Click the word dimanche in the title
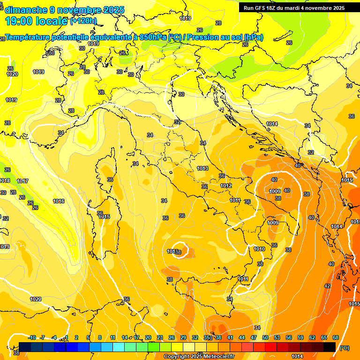click(26, 10)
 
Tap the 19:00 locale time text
click(36, 21)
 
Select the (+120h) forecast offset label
click(83, 21)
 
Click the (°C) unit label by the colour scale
click(344, 347)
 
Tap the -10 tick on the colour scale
click(32, 337)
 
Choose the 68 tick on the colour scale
click(336, 337)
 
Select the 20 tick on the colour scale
click(148, 337)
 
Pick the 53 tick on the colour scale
click(277, 337)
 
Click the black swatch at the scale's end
click(330, 347)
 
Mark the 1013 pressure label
click(202, 168)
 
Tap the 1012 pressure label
click(226, 186)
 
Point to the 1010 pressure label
click(259, 249)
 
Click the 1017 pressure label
click(22, 181)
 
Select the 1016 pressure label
click(59, 201)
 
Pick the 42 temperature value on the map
click(327, 286)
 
